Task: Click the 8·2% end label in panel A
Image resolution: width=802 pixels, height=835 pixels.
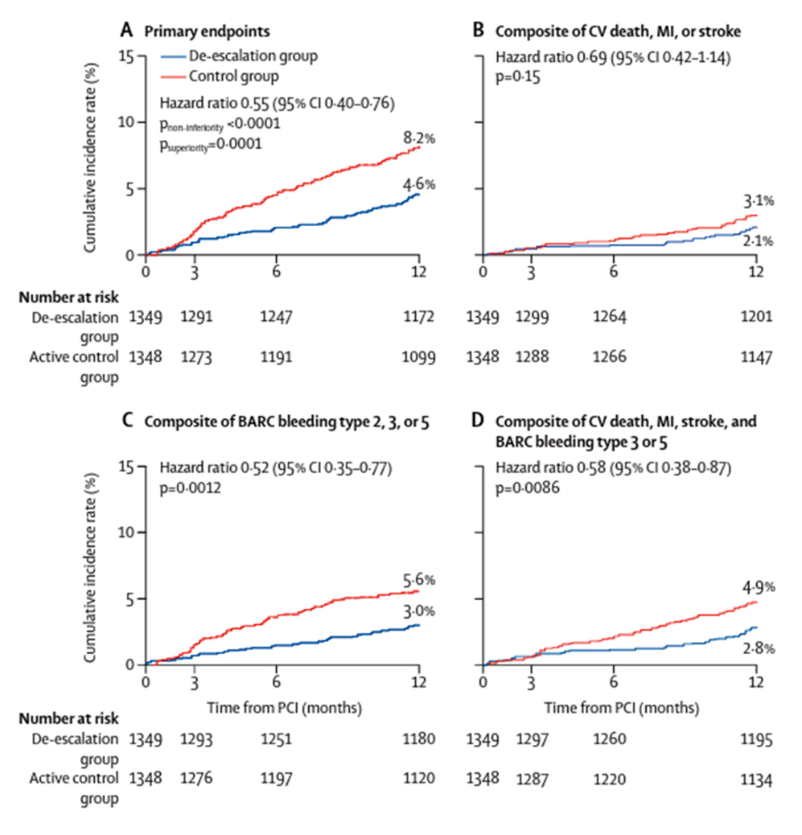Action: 419,138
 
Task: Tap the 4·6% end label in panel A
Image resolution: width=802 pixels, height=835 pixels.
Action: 419,184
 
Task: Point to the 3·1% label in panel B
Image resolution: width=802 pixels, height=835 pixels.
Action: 758,200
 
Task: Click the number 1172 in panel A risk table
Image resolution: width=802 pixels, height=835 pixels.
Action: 419,317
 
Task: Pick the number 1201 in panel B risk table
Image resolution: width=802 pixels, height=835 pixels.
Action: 756,317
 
